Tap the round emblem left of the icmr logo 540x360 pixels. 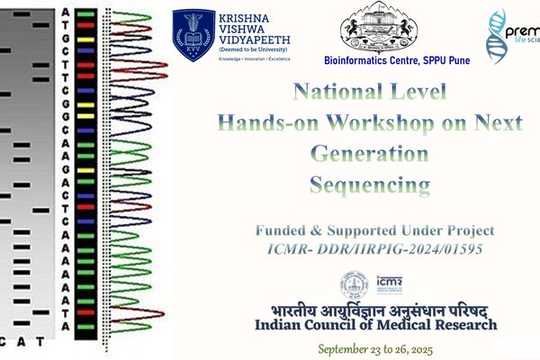354,285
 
